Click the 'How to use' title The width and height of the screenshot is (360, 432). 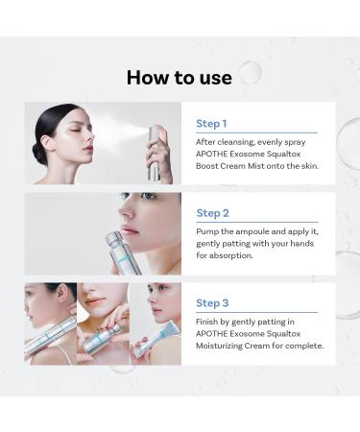(x=180, y=77)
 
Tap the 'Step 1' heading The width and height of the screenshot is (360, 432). (x=211, y=124)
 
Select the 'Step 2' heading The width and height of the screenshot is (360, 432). (x=212, y=213)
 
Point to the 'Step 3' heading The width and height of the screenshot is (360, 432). (x=212, y=301)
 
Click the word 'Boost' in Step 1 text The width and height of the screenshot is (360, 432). (x=211, y=167)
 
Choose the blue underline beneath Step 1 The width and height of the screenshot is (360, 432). (x=256, y=132)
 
